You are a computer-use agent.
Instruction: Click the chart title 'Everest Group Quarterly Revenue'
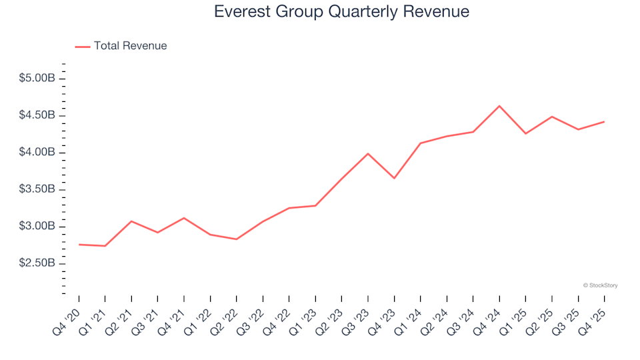pyautogui.click(x=341, y=12)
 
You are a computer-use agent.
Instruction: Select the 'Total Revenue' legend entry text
pyautogui.click(x=130, y=46)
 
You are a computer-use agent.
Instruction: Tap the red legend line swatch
pyautogui.click(x=83, y=47)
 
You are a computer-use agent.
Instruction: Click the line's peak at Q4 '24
pyautogui.click(x=499, y=106)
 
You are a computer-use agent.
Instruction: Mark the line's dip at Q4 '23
pyautogui.click(x=394, y=178)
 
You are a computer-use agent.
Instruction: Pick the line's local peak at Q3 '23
pyautogui.click(x=368, y=153)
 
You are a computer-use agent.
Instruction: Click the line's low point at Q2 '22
pyautogui.click(x=236, y=239)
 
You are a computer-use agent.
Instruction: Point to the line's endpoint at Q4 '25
pyautogui.click(x=604, y=122)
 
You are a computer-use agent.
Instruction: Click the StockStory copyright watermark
pyautogui.click(x=600, y=285)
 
